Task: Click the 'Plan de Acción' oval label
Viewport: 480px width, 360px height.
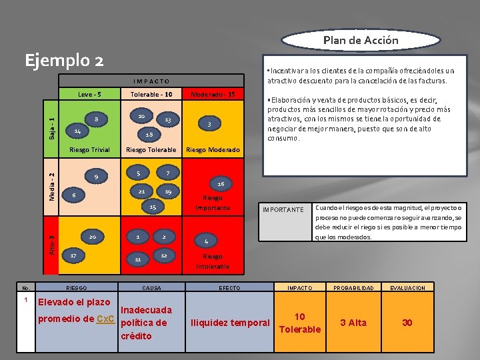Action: [x=361, y=40]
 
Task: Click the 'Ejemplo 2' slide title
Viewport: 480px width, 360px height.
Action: [x=64, y=61]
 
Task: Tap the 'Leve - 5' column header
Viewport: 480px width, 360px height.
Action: [x=89, y=94]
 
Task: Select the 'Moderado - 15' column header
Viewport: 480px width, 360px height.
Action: [x=213, y=94]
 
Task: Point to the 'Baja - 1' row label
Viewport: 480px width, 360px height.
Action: [x=53, y=125]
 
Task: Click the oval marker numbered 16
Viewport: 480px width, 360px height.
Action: [x=220, y=183]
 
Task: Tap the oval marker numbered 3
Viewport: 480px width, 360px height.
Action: [x=209, y=125]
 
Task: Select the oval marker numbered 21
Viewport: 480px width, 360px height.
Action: [x=141, y=191]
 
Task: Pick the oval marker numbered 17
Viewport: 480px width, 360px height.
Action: [x=73, y=255]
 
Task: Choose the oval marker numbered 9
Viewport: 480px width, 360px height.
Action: [x=96, y=177]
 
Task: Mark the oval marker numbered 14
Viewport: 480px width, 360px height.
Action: [x=77, y=131]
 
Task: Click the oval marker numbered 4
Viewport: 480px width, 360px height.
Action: [x=207, y=241]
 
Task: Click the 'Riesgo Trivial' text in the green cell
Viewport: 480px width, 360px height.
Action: [x=89, y=150]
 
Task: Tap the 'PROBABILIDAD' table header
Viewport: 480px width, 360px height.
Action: [x=353, y=288]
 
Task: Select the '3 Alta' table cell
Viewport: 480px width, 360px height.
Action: [x=353, y=323]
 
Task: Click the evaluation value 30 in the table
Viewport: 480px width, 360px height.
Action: [x=407, y=323]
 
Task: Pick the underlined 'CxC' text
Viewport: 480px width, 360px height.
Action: [x=105, y=319]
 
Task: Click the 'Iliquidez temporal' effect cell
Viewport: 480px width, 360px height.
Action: [x=231, y=323]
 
